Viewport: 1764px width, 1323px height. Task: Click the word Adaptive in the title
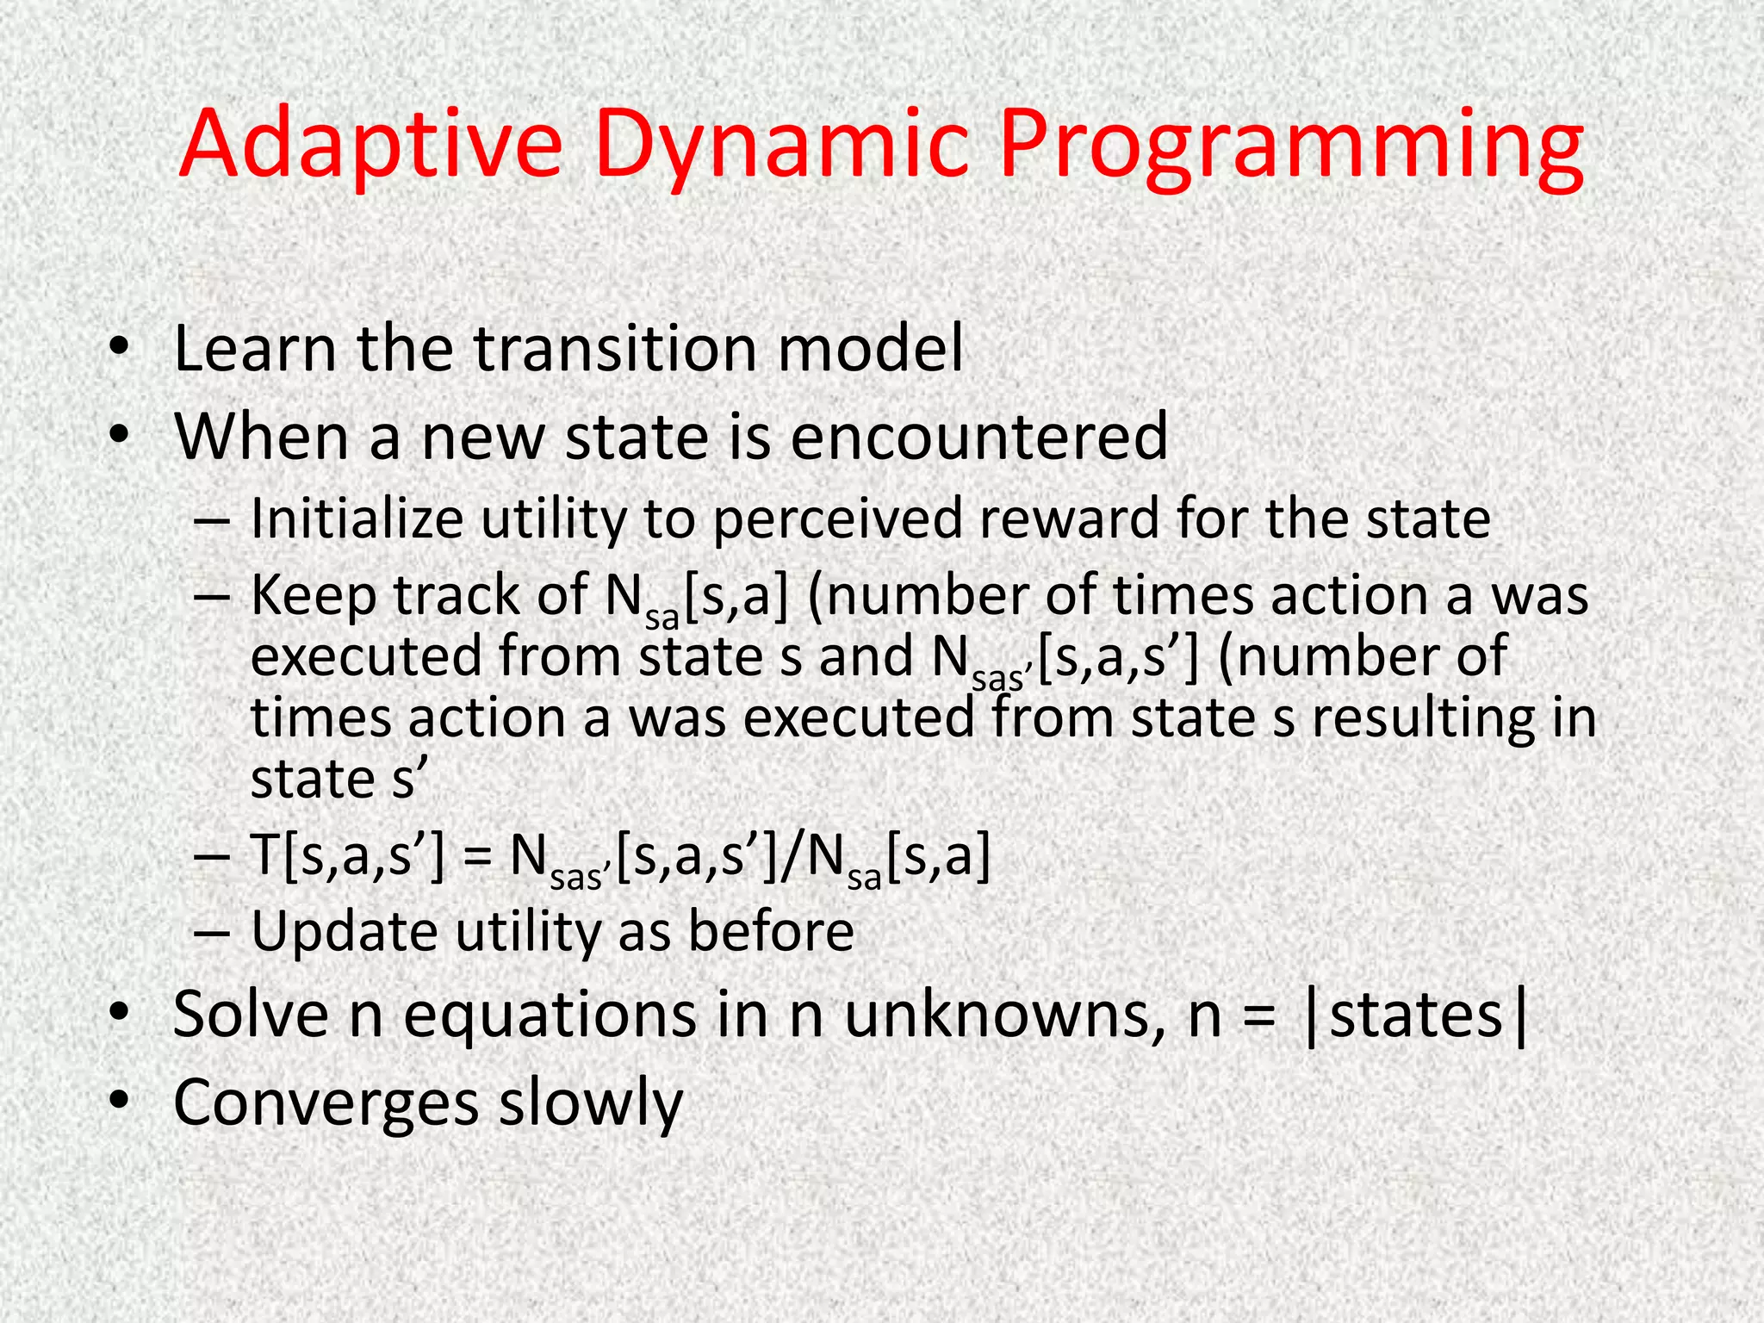click(370, 144)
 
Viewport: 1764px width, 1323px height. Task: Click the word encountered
click(978, 436)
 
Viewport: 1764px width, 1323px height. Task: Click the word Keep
click(314, 596)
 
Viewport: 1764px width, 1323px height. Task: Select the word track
click(456, 595)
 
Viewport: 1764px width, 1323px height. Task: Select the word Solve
click(251, 1015)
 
